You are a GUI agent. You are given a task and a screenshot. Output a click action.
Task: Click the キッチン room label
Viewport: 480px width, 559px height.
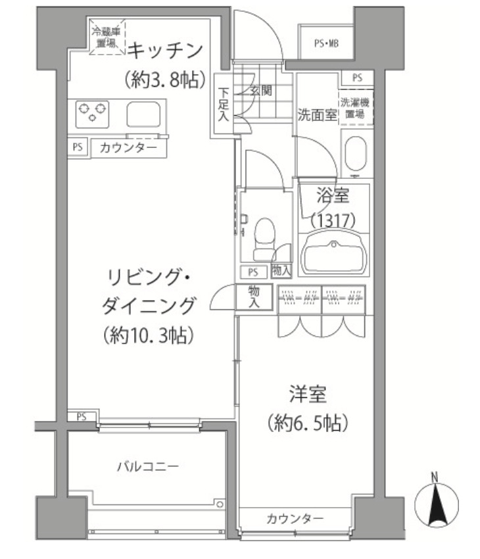coord(164,50)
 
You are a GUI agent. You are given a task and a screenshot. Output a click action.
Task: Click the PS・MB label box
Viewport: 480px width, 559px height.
coord(325,44)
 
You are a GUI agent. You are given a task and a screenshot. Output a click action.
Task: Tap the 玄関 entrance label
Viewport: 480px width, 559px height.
coord(261,91)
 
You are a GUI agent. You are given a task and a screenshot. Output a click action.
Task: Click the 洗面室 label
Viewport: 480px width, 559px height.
coord(317,114)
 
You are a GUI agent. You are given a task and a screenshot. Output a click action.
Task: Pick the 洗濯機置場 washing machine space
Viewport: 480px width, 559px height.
coord(355,107)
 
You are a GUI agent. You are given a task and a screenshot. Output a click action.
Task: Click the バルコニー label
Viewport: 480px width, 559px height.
coord(147,466)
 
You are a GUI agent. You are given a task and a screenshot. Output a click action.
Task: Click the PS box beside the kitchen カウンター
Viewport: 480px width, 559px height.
coord(77,147)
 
